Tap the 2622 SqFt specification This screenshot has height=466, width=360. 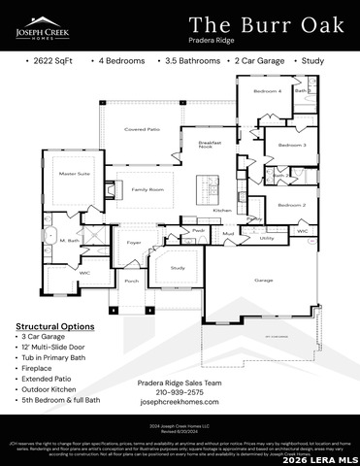tap(49, 60)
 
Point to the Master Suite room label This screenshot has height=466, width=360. tap(75, 174)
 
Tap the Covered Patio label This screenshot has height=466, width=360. tap(142, 129)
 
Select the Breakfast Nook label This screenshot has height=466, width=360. tap(211, 144)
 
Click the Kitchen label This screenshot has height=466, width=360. tap(222, 210)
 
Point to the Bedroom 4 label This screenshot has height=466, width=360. tap(268, 91)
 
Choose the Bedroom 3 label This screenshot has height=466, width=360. tap(291, 145)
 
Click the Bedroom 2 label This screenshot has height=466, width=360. tap(291, 205)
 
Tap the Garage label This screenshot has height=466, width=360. tap(263, 280)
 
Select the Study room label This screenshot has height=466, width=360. tap(178, 267)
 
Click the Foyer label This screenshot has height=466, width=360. tap(134, 242)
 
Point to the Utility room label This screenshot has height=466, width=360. tap(267, 237)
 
